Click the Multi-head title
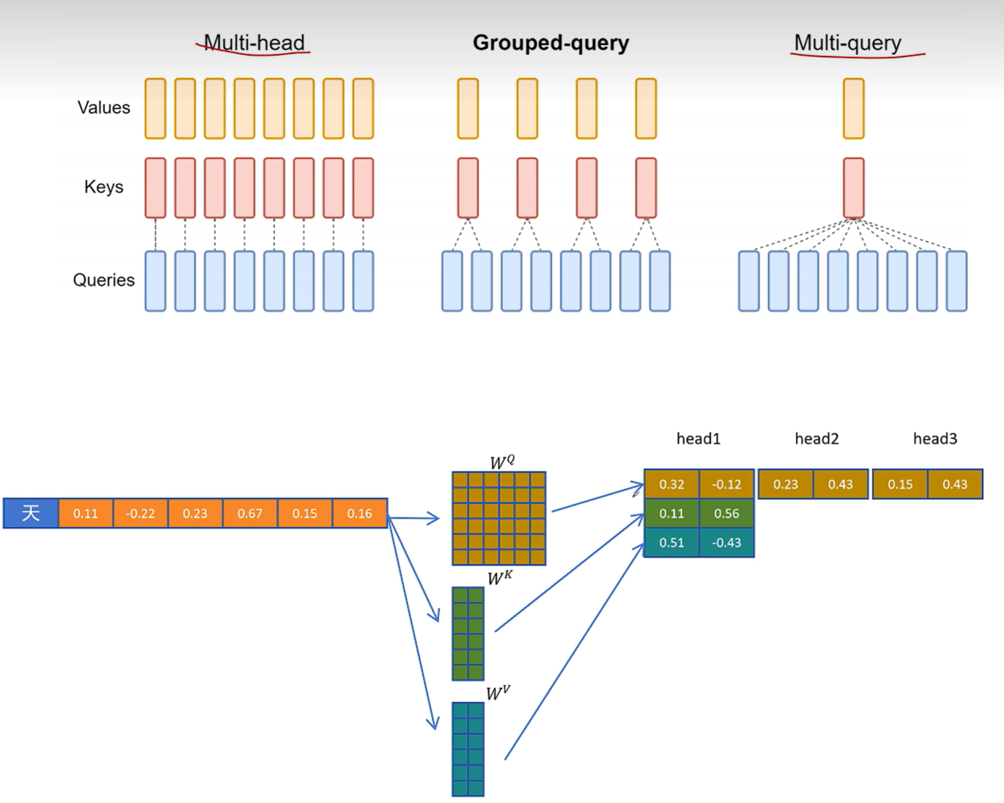click(254, 43)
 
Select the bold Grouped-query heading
click(551, 43)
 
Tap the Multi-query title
click(848, 43)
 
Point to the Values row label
click(103, 107)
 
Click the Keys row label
click(103, 187)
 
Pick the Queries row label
click(103, 280)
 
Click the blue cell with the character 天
click(31, 513)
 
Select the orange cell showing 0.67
click(250, 513)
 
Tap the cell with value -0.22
click(140, 513)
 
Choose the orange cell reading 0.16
click(359, 513)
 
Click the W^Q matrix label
click(502, 462)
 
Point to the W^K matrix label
click(500, 578)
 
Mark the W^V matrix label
click(498, 693)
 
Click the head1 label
click(698, 439)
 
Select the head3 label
click(935, 439)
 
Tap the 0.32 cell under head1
click(671, 484)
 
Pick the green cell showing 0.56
click(726, 513)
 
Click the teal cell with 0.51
click(671, 543)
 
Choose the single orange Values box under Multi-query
click(854, 109)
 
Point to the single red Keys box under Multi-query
click(854, 187)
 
